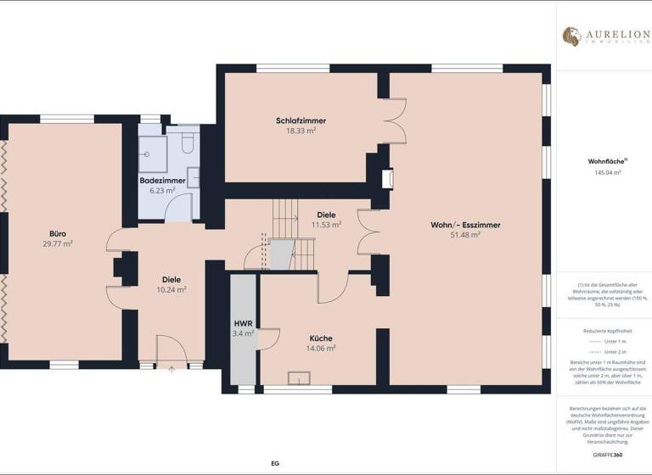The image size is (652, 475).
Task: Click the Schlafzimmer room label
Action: pyautogui.click(x=301, y=120)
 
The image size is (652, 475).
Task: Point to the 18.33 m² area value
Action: pyautogui.click(x=301, y=131)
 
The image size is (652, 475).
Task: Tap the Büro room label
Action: pyautogui.click(x=58, y=233)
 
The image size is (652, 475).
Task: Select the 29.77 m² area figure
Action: pyautogui.click(x=58, y=243)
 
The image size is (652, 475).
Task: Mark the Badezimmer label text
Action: pyautogui.click(x=162, y=181)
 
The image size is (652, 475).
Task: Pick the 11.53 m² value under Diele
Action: pyautogui.click(x=327, y=225)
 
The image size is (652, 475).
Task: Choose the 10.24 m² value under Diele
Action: pyautogui.click(x=172, y=289)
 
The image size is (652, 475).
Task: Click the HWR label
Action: pyautogui.click(x=243, y=323)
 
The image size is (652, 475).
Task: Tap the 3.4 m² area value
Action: pyautogui.click(x=243, y=333)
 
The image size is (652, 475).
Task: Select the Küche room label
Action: pyautogui.click(x=321, y=337)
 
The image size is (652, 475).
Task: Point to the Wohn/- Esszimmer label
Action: pyautogui.click(x=465, y=225)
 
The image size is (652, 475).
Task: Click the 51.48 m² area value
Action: pyautogui.click(x=465, y=235)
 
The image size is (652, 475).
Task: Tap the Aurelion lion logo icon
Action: pyautogui.click(x=571, y=36)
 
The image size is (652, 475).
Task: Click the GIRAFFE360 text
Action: pyautogui.click(x=604, y=455)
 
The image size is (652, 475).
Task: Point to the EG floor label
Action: pyautogui.click(x=274, y=463)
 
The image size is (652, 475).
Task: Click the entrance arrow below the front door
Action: pyautogui.click(x=171, y=368)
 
